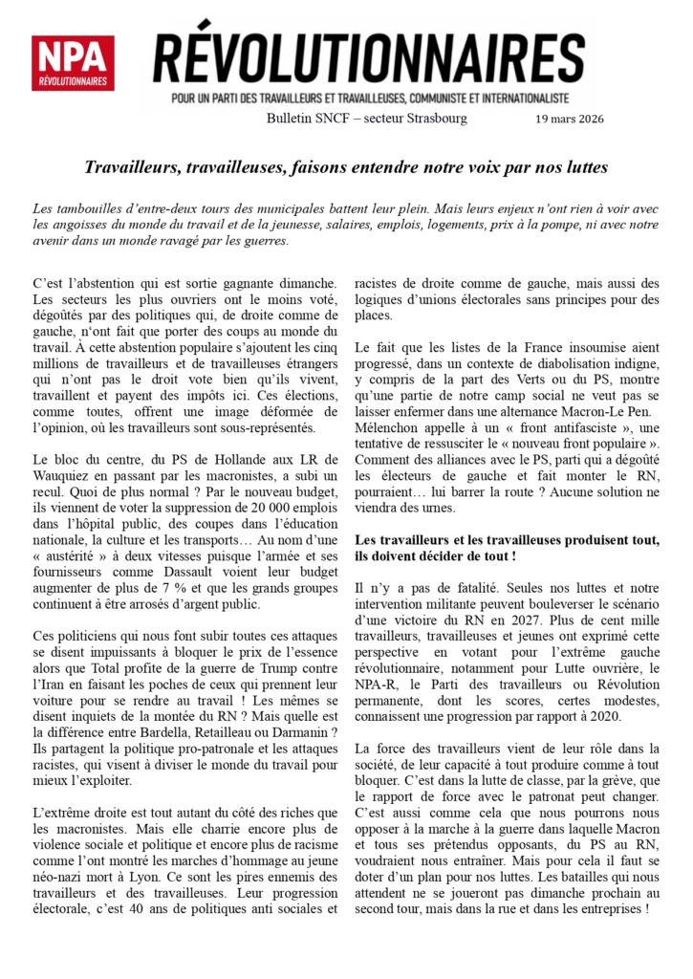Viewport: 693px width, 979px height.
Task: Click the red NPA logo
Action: (73, 63)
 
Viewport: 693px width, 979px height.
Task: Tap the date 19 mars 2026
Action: (570, 119)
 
